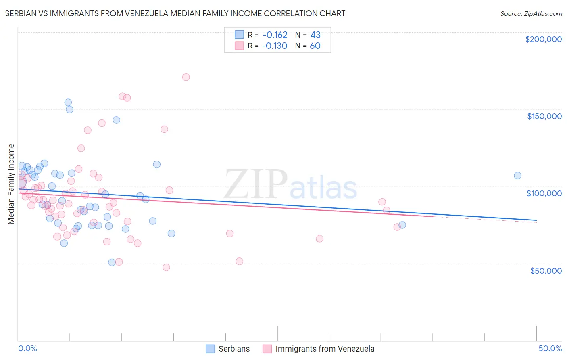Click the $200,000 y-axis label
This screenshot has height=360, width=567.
click(543, 39)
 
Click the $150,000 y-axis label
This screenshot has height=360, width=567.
click(544, 116)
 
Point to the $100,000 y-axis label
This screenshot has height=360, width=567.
click(544, 193)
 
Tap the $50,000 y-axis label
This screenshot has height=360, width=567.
click(546, 270)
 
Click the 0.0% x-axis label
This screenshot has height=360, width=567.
click(27, 348)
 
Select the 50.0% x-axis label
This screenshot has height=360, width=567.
click(550, 348)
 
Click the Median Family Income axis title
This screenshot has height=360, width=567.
click(11, 184)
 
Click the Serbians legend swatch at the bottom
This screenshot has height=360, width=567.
click(210, 349)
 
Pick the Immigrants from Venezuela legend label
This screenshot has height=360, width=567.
click(325, 349)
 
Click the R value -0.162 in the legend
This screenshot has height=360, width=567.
click(274, 35)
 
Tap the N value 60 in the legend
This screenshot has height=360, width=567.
click(315, 46)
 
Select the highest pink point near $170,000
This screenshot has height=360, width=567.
click(186, 77)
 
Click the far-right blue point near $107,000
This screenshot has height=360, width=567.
click(517, 176)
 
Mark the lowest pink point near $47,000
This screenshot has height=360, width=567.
click(166, 267)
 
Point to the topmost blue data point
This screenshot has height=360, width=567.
click(68, 103)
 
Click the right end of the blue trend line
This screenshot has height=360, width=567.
click(536, 220)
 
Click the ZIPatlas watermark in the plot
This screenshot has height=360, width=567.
click(290, 184)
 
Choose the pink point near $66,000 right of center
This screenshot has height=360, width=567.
click(319, 239)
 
